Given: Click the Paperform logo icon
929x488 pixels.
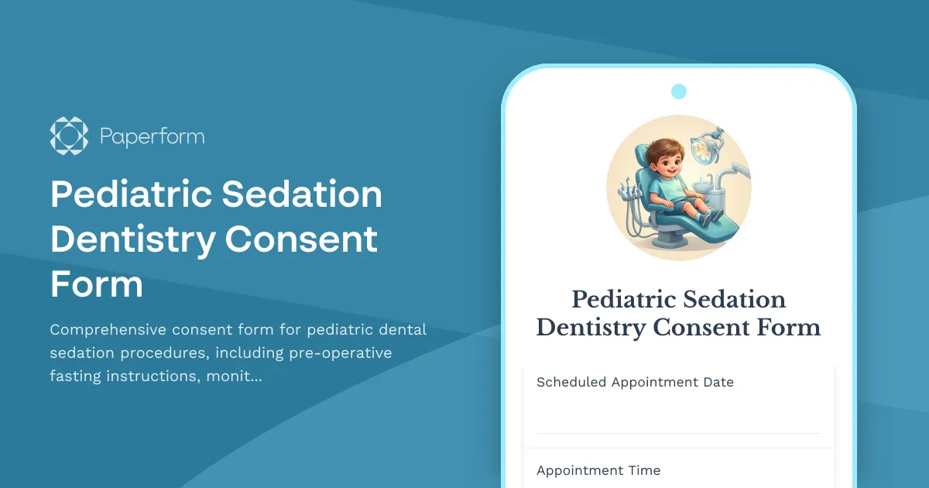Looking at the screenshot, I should [69, 136].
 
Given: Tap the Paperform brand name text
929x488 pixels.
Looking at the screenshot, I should [152, 137].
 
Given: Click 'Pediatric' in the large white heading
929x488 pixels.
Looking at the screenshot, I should [128, 194].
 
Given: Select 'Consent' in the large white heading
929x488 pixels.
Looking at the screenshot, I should [301, 239].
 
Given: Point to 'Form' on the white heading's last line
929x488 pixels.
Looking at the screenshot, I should [97, 284].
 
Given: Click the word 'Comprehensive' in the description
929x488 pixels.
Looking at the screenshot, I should [107, 330].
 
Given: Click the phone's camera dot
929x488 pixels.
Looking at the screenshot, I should [679, 91].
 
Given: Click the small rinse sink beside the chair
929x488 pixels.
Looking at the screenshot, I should [703, 184].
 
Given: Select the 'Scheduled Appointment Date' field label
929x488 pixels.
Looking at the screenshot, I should [635, 382].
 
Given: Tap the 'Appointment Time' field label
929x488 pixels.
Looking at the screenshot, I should [598, 470].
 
